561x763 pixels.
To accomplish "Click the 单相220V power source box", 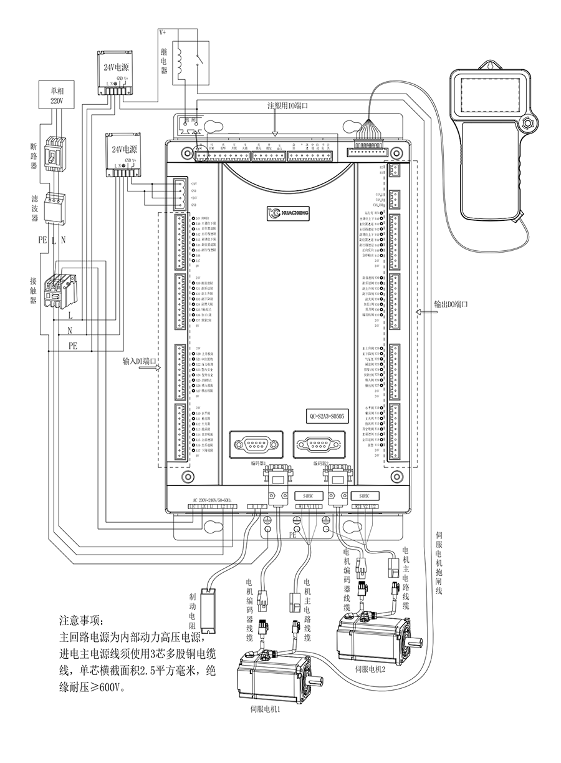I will (52, 95).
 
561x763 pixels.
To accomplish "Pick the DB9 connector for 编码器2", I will (317, 445).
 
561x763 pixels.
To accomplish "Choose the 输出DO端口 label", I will (451, 305).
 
